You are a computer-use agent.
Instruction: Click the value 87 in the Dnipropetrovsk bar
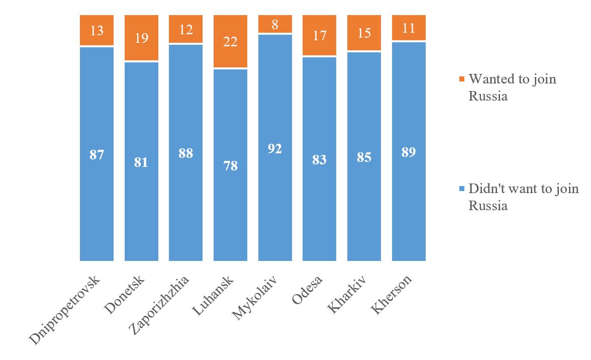(x=96, y=154)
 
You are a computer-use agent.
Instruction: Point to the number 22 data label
(x=231, y=41)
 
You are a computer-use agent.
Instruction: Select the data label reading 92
(x=275, y=149)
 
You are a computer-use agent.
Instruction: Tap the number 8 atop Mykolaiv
(x=275, y=25)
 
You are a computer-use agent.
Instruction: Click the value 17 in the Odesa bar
(x=320, y=36)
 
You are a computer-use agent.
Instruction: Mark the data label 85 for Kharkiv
(x=364, y=157)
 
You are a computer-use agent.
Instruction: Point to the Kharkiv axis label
(x=348, y=294)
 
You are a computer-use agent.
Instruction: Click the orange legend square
(x=462, y=79)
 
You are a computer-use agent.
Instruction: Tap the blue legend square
(x=462, y=189)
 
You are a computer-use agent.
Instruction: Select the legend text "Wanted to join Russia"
(x=512, y=87)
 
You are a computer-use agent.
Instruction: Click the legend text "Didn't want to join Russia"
(x=523, y=197)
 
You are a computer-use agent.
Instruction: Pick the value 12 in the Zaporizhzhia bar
(x=186, y=30)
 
